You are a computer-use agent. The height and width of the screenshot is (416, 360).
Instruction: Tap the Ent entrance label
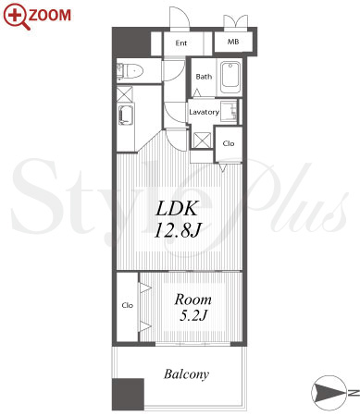pyautogui.click(x=181, y=43)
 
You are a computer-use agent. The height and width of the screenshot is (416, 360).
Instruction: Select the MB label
pyautogui.click(x=233, y=42)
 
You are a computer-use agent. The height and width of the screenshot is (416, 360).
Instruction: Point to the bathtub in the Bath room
pyautogui.click(x=230, y=76)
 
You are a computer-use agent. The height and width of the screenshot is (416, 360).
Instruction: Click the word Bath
pyautogui.click(x=204, y=77)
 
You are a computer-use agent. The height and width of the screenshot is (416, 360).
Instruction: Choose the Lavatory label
pyautogui.click(x=204, y=112)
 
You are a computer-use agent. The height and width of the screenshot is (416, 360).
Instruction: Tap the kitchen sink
pyautogui.click(x=125, y=116)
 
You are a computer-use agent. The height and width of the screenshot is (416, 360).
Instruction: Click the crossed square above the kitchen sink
pyautogui.click(x=125, y=94)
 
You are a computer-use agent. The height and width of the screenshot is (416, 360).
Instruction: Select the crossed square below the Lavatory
pyautogui.click(x=202, y=141)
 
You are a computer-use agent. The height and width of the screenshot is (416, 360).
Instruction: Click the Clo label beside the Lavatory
pyautogui.click(x=229, y=143)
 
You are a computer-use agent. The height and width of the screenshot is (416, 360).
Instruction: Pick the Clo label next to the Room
pyautogui.click(x=128, y=305)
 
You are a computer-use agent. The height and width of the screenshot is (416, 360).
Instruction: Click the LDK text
pyautogui.click(x=177, y=209)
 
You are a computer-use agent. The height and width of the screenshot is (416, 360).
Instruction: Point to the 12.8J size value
pyautogui.click(x=178, y=230)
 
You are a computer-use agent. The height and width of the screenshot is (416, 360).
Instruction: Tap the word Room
pyautogui.click(x=193, y=300)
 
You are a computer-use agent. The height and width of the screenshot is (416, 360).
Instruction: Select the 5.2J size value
pyautogui.click(x=193, y=315)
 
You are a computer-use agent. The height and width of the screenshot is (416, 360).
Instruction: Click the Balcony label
pyautogui.click(x=186, y=374)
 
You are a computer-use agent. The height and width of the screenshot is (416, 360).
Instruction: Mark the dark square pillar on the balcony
pyautogui.click(x=128, y=394)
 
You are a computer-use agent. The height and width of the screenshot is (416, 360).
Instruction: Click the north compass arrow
pyautogui.click(x=329, y=393)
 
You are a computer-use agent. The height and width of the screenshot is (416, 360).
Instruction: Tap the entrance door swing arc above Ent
pyautogui.click(x=182, y=16)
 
